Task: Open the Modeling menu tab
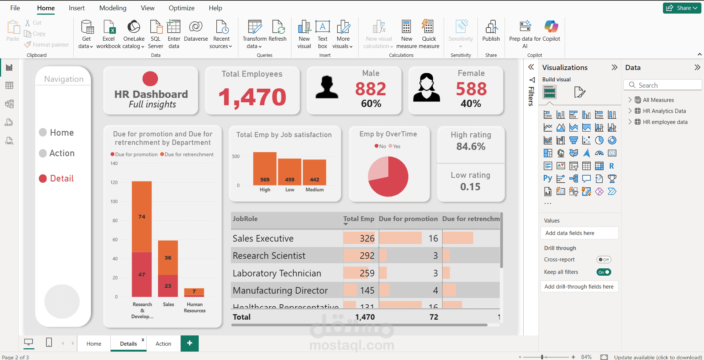(113, 8)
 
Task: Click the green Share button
(682, 8)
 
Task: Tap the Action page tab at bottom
(163, 344)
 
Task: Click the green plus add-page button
(190, 343)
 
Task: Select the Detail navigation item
(62, 179)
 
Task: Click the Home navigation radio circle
(43, 132)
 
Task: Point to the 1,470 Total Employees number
(252, 98)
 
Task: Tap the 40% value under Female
(471, 104)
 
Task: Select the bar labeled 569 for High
(265, 169)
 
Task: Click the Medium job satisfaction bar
(314, 172)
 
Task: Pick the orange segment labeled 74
(142, 216)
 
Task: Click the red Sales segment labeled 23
(168, 286)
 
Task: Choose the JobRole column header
(245, 219)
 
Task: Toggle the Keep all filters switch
(604, 272)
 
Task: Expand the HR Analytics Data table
(630, 111)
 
